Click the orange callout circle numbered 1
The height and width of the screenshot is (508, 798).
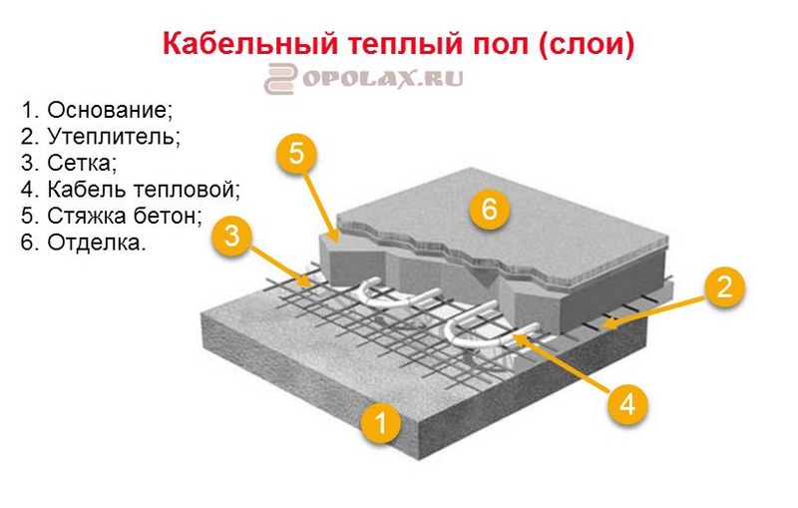381,422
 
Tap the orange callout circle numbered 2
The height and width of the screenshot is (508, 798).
724,286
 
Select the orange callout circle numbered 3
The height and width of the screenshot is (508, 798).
231,238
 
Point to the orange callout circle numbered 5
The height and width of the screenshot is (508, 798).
296,155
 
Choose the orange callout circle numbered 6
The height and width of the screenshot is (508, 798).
489,211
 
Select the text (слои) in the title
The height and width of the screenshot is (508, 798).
589,45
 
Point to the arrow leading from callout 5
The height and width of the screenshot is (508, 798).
321,204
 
